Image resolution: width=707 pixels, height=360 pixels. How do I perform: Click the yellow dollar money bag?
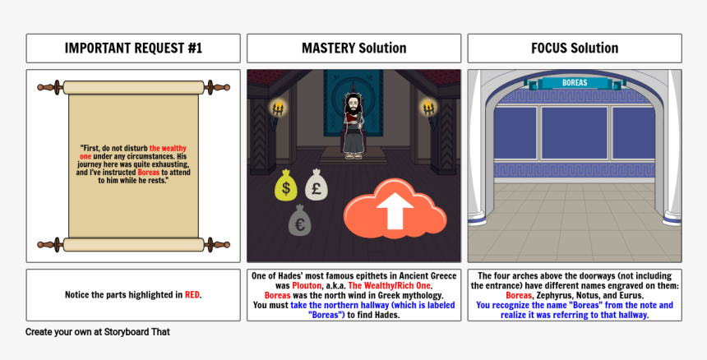[286, 185]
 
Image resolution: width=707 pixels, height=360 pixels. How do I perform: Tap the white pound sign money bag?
[316, 185]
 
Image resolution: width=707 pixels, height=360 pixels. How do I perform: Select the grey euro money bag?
[299, 220]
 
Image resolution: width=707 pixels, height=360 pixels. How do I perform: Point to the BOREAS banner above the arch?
[575, 83]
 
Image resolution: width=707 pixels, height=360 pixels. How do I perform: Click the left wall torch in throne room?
[278, 110]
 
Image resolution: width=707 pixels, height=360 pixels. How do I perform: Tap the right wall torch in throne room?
[429, 110]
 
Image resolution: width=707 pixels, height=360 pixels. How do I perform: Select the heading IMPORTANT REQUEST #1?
[133, 48]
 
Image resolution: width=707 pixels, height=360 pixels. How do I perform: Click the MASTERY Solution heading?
[354, 48]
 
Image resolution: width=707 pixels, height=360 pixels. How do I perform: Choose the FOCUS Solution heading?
[575, 48]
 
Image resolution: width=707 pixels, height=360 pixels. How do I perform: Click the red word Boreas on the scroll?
[148, 173]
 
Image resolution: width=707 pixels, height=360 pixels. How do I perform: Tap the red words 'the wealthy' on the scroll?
[168, 148]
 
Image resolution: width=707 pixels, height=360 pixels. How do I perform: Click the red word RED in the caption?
[192, 295]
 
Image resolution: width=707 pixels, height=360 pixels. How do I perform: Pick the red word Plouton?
[307, 286]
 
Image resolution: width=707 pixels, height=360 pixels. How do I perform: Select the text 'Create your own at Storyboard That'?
[97, 332]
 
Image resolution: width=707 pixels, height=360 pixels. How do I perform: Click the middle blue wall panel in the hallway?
[575, 133]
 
